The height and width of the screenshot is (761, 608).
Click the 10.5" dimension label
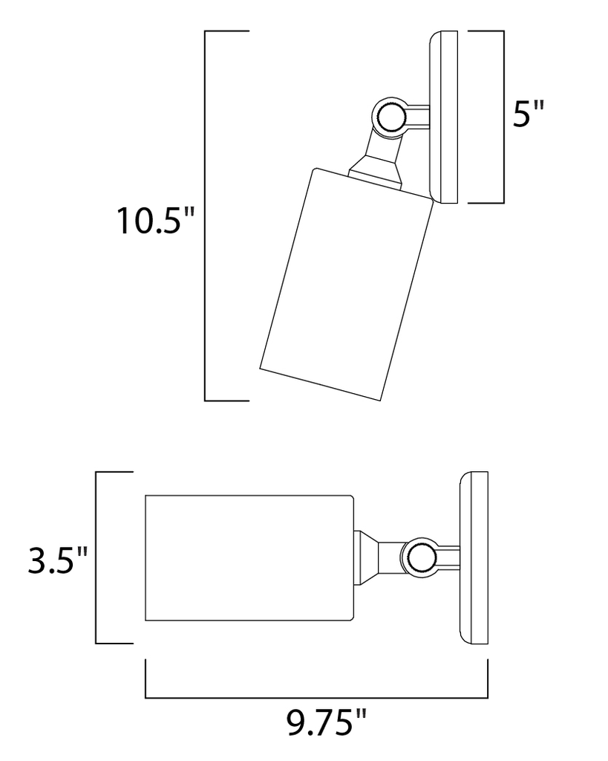coord(155,221)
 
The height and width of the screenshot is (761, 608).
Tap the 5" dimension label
coord(528,117)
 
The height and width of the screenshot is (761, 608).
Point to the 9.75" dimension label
coord(327,723)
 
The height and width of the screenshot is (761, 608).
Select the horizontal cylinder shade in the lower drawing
coord(249,557)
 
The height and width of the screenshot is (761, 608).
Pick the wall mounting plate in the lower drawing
coord(474,557)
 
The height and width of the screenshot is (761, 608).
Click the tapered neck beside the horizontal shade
coord(367,557)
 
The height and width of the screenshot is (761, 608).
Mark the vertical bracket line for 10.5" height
coord(205,216)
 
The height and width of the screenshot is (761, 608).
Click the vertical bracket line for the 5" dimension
coord(505,117)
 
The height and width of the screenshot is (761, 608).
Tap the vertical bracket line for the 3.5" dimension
coord(97,557)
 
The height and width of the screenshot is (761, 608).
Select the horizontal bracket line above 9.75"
coord(316,698)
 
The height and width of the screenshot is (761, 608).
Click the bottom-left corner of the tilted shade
coord(261,368)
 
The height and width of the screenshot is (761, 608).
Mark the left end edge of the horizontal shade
coord(146,557)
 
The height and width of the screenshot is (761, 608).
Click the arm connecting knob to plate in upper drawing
coord(416,117)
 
